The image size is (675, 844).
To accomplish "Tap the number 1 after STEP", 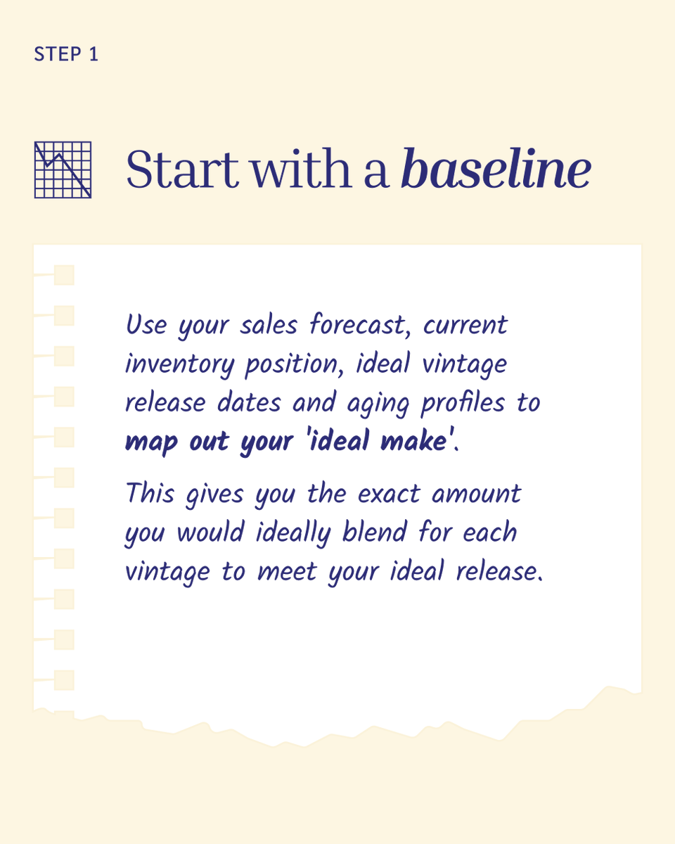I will [94, 55].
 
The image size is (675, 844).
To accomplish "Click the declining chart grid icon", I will [63, 170].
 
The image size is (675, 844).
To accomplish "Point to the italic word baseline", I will [495, 170].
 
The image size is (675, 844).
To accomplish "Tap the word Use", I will [148, 326].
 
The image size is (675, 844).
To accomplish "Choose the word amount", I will [476, 494].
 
